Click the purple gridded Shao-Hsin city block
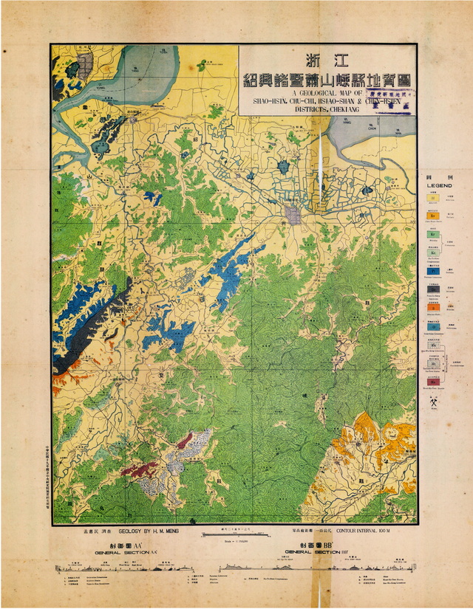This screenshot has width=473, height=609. [294, 215]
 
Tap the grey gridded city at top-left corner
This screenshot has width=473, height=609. [85, 63]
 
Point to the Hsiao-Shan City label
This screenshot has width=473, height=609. [134, 111]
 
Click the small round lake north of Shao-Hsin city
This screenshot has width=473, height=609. [282, 168]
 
